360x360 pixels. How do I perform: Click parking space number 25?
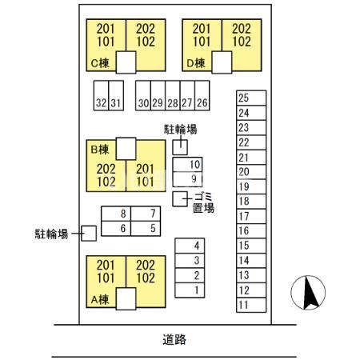(x=251, y=98)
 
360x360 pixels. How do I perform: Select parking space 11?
(x=251, y=305)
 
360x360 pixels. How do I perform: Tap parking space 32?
(x=101, y=95)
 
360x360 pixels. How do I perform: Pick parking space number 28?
(x=173, y=95)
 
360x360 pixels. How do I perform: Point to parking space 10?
(x=187, y=164)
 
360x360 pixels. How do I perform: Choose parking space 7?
(x=146, y=214)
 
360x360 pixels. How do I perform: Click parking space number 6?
(x=116, y=229)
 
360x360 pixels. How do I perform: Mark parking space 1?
(x=190, y=290)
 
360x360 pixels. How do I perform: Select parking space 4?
(x=190, y=246)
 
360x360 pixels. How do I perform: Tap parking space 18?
(x=251, y=202)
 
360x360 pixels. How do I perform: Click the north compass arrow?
(x=310, y=293)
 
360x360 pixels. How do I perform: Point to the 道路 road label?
(x=174, y=340)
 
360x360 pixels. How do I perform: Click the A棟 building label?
(x=100, y=300)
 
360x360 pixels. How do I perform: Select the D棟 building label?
(x=196, y=63)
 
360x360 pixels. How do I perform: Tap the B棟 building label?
(x=100, y=150)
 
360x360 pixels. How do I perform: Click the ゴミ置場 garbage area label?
(x=203, y=202)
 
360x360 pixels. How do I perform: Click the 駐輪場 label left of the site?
(x=51, y=234)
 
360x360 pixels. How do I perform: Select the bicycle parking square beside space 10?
(x=180, y=147)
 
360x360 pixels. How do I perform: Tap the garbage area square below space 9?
(x=180, y=199)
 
